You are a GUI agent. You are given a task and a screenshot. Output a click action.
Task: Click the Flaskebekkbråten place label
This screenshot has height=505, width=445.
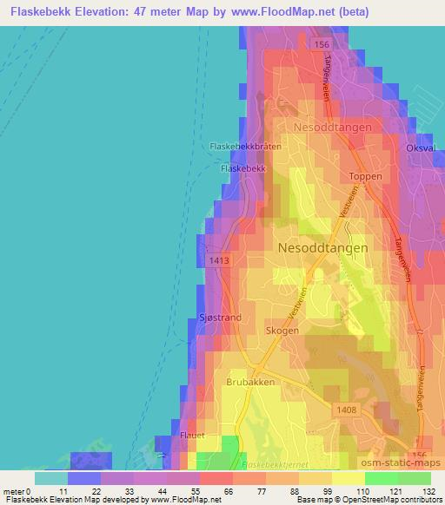pyautogui.click(x=246, y=147)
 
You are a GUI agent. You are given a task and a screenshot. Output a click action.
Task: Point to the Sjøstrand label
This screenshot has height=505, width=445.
pyautogui.click(x=221, y=318)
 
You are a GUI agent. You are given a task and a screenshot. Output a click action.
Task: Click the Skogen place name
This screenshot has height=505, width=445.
pyautogui.click(x=283, y=331)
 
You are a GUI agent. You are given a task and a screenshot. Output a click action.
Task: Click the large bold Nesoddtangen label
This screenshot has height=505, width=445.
pyautogui.click(x=322, y=247)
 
